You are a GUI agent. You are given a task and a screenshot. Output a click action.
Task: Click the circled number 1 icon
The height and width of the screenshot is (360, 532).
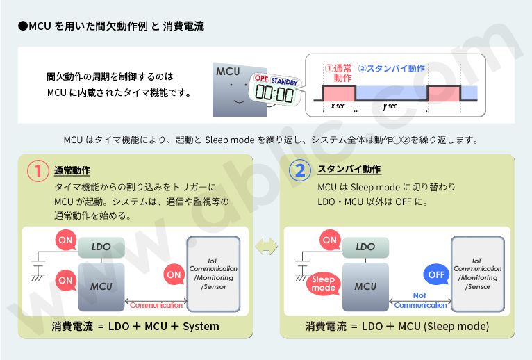pyautogui.click(x=37, y=170)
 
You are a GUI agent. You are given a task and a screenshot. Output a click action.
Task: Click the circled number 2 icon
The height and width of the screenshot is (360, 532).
pyautogui.click(x=300, y=170)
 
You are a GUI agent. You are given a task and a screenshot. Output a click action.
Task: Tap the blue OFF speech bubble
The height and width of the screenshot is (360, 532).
pyautogui.click(x=435, y=275)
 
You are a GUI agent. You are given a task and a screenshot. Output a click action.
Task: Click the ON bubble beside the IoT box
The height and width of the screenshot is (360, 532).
pyautogui.click(x=173, y=274)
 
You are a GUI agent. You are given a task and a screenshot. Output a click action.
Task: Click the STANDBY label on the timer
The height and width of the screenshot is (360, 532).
pyautogui.click(x=284, y=81)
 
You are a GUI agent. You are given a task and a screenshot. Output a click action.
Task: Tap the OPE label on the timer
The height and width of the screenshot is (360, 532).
pyautogui.click(x=260, y=79)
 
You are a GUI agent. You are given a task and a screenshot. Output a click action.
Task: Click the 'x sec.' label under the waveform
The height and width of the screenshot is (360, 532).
pyautogui.click(x=339, y=106)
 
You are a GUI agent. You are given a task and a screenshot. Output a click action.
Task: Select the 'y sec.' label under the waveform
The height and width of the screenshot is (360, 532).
pyautogui.click(x=390, y=106)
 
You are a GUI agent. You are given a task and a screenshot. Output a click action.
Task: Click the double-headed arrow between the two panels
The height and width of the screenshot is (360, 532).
pyautogui.click(x=267, y=246)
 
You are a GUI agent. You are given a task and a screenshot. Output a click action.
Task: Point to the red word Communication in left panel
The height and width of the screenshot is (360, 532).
pyautogui.click(x=156, y=305)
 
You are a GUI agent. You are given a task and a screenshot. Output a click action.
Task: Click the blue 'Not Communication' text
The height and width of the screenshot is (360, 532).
pyautogui.click(x=420, y=301)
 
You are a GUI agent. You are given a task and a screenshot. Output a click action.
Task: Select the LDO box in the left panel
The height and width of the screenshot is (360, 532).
pyautogui.click(x=101, y=247)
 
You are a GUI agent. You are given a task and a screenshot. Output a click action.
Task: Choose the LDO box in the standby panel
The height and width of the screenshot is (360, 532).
pyautogui.click(x=365, y=247)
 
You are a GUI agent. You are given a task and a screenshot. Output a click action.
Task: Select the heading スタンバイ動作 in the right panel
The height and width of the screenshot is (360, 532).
pyautogui.click(x=349, y=170)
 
